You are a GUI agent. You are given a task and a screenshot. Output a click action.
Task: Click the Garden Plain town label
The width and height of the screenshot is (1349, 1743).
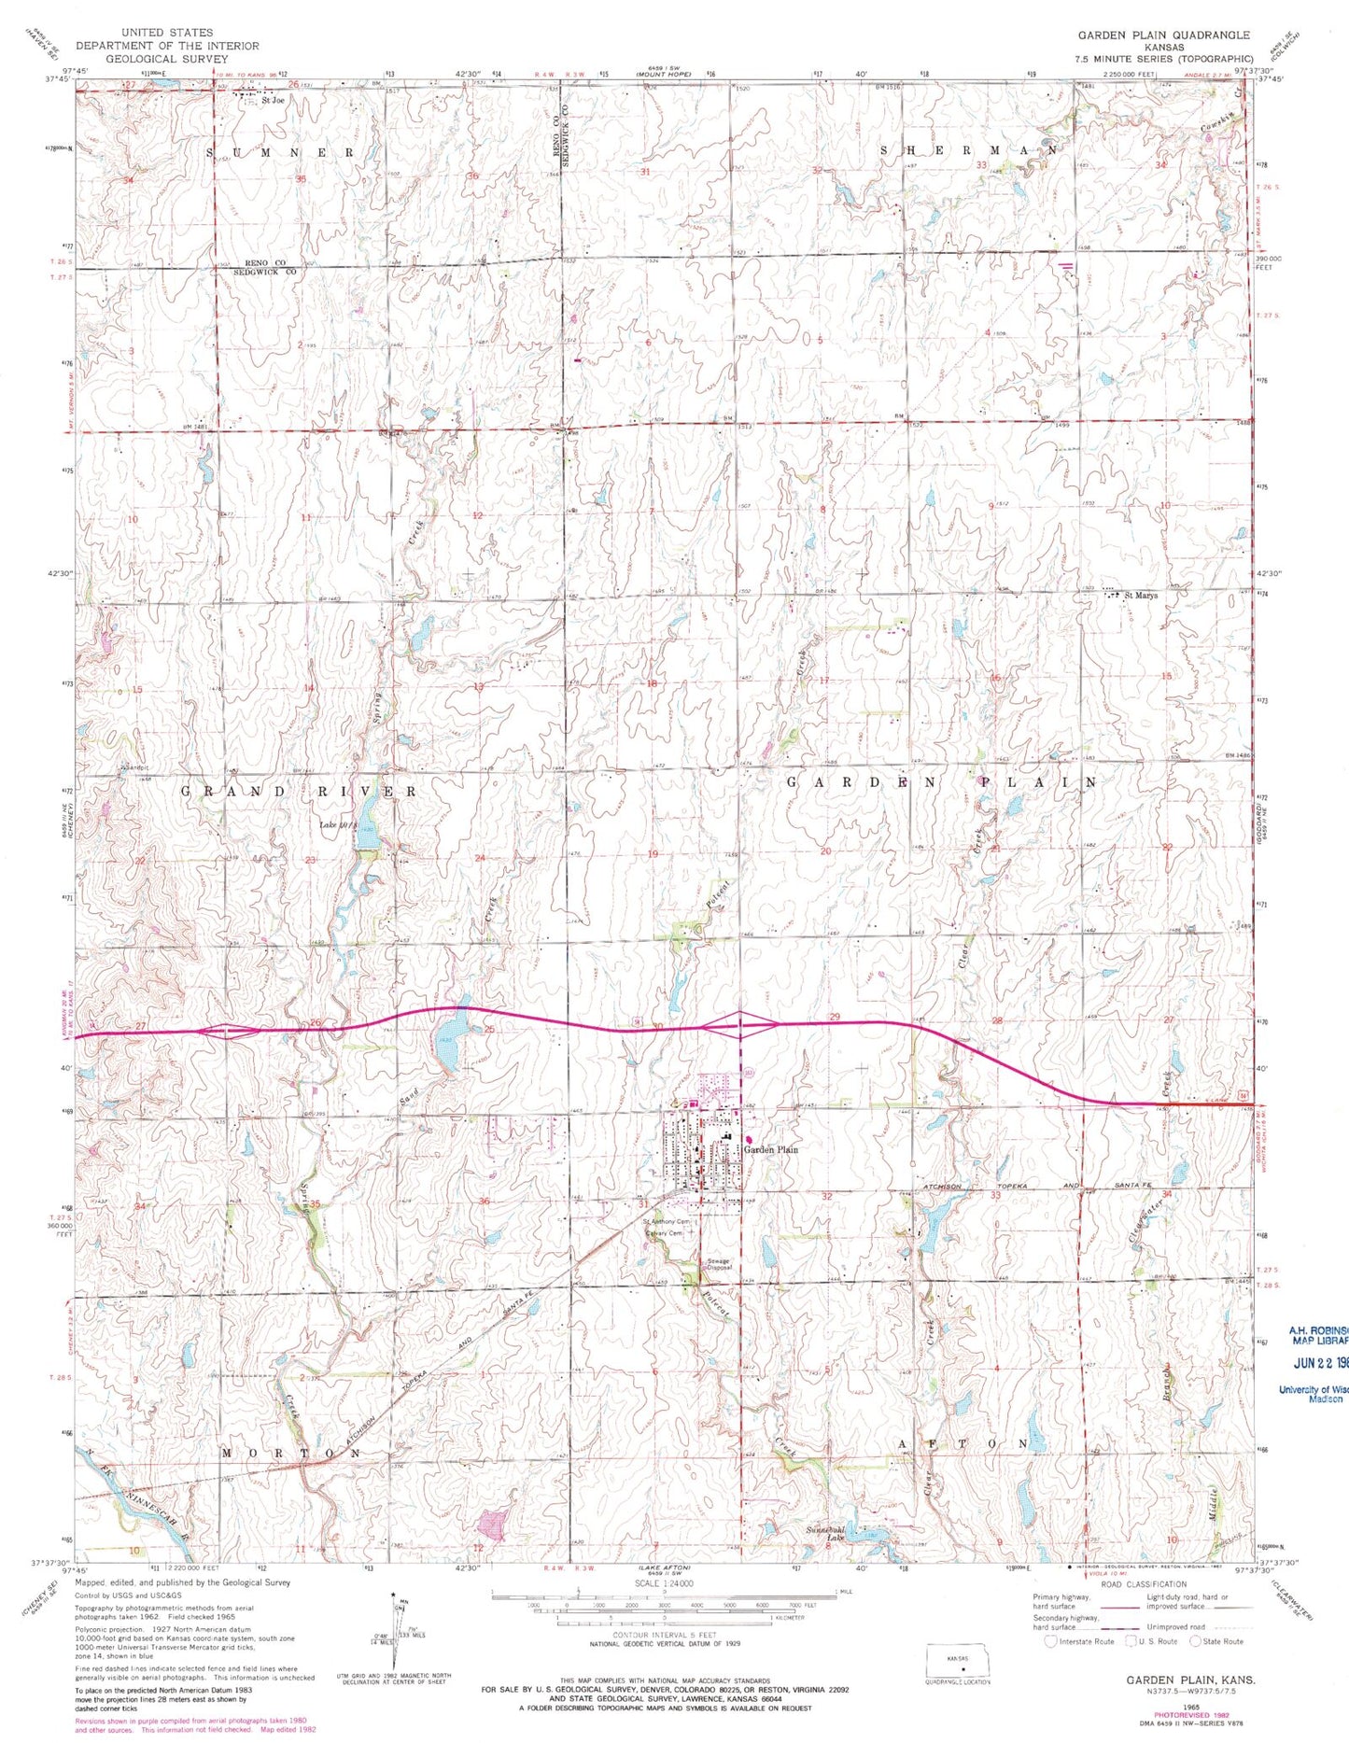coord(771,1150)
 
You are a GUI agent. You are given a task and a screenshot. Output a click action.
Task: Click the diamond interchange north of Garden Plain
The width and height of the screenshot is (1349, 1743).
coord(739,1025)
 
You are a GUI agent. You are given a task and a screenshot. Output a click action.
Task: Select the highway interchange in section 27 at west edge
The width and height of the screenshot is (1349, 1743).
coord(227,1031)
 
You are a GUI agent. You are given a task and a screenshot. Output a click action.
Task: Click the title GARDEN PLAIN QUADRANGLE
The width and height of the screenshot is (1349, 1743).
coord(1163,35)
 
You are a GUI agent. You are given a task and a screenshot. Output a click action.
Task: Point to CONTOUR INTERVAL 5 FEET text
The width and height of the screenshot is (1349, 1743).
coord(665,1637)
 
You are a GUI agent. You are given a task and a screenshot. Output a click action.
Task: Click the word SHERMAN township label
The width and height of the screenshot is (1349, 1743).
coord(969,150)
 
